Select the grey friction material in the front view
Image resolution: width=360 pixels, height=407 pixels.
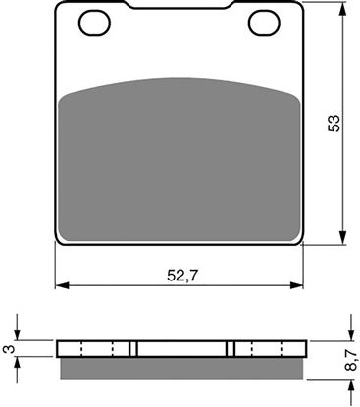(x=180, y=162)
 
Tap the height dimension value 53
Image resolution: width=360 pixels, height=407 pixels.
(x=334, y=124)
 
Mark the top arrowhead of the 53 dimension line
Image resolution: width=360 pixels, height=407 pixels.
(x=342, y=9)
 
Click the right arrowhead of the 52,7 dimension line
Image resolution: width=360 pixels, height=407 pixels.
(x=298, y=286)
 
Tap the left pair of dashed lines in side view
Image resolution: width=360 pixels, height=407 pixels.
(x=107, y=349)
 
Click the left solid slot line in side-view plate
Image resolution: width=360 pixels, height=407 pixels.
(x=133, y=349)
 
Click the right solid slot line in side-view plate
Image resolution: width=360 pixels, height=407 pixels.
(x=231, y=349)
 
